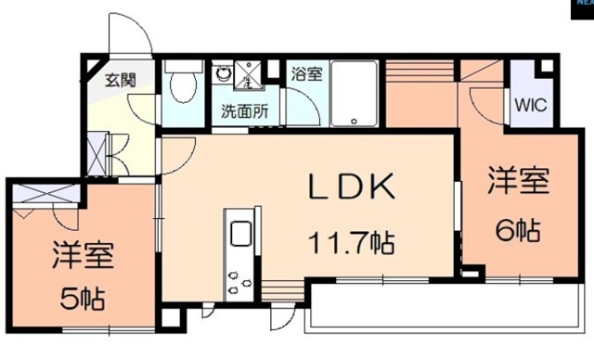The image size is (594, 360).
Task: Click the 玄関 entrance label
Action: tap(120, 80)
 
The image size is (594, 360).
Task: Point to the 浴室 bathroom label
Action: tap(305, 73)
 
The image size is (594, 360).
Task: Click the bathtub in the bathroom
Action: tap(352, 93)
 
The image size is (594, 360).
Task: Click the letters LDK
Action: tap(353, 187)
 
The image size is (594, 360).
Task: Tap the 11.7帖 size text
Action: tap(353, 243)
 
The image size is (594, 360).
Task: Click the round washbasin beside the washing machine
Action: tap(224, 75)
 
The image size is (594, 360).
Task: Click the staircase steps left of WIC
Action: tap(418, 74)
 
